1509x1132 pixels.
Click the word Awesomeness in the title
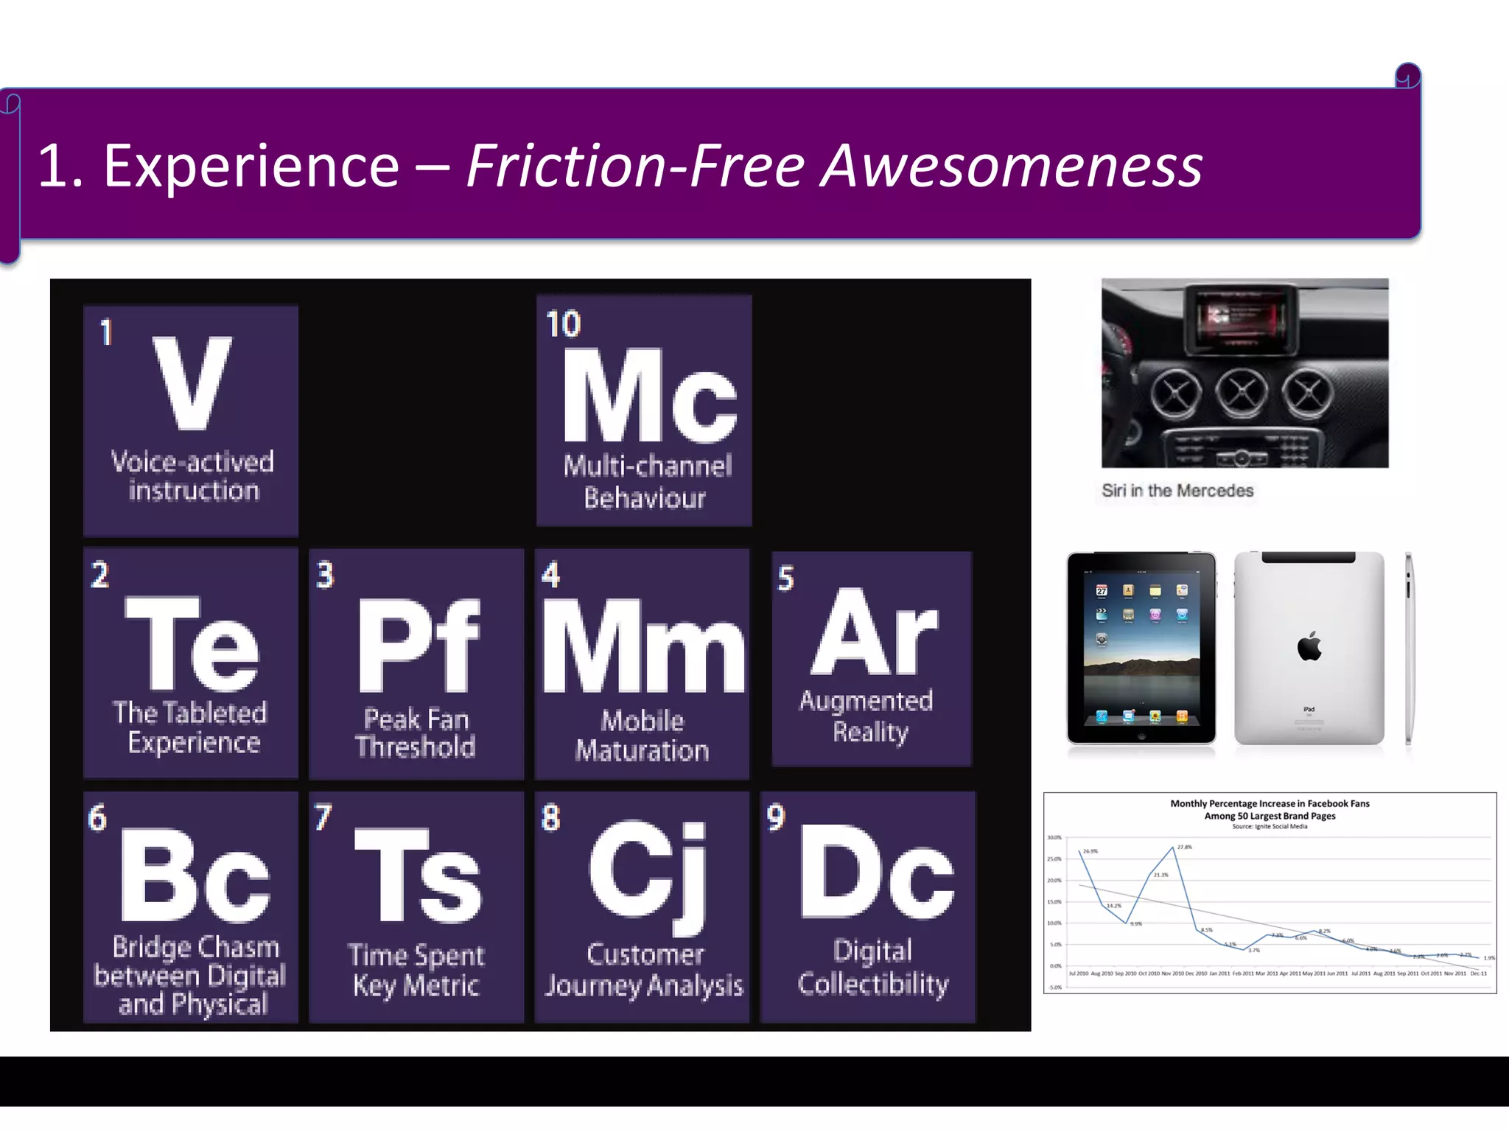tap(1011, 167)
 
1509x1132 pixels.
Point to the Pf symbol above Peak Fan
tap(418, 646)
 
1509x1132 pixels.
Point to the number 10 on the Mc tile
tap(564, 324)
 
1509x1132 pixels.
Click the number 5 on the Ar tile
tap(785, 579)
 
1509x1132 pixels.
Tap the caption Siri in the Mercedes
tap(1177, 491)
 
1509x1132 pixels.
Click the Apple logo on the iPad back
tap(1309, 646)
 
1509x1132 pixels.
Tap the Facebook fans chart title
tap(1270, 809)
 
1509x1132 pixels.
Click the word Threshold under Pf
tap(416, 747)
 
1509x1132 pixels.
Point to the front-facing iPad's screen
tap(1141, 648)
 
